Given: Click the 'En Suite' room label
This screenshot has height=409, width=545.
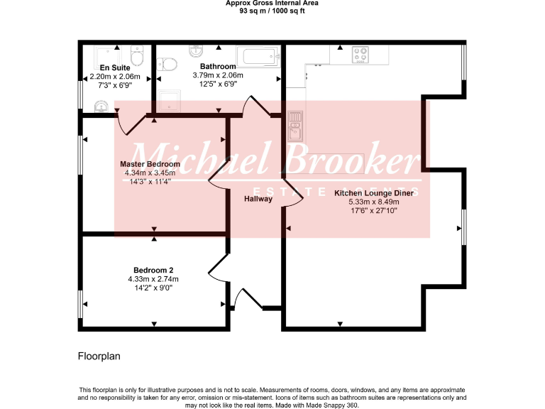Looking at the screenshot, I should tap(105, 67).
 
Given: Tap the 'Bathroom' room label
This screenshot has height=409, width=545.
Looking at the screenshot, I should tap(218, 67).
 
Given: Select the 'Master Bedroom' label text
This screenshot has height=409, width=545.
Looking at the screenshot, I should tap(149, 164).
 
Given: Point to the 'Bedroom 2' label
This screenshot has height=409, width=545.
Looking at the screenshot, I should tap(153, 270).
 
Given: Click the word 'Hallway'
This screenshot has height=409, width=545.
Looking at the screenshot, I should tap(258, 199).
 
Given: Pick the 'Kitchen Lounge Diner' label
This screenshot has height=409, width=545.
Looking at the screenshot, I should tap(374, 192).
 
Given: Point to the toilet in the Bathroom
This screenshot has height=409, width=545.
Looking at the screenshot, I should tap(169, 65).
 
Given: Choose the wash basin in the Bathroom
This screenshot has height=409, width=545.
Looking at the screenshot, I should tap(196, 50).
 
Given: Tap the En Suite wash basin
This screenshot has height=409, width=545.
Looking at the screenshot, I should tap(99, 107).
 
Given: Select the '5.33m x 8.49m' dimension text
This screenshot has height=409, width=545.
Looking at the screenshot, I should tap(374, 202).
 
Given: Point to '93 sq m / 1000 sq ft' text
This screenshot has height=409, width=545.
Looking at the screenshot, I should tap(272, 11).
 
